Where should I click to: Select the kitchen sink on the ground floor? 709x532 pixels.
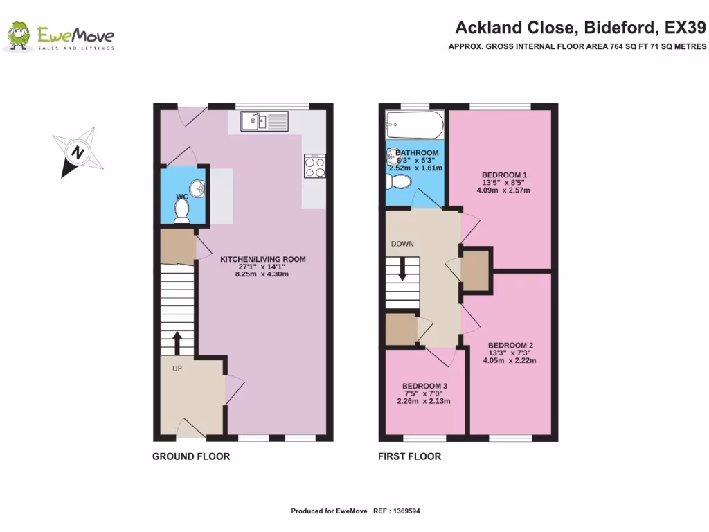(x=264, y=123)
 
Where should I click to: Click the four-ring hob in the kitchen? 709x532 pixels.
(x=314, y=167)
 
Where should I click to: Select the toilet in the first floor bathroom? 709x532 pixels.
(x=399, y=182)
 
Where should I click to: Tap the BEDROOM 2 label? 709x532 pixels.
(x=510, y=345)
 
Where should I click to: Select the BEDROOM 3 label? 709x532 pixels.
(x=424, y=386)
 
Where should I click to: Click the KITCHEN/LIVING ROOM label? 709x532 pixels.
(x=262, y=259)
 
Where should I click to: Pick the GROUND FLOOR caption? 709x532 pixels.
(x=191, y=456)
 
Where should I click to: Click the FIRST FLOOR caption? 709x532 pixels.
(x=409, y=456)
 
